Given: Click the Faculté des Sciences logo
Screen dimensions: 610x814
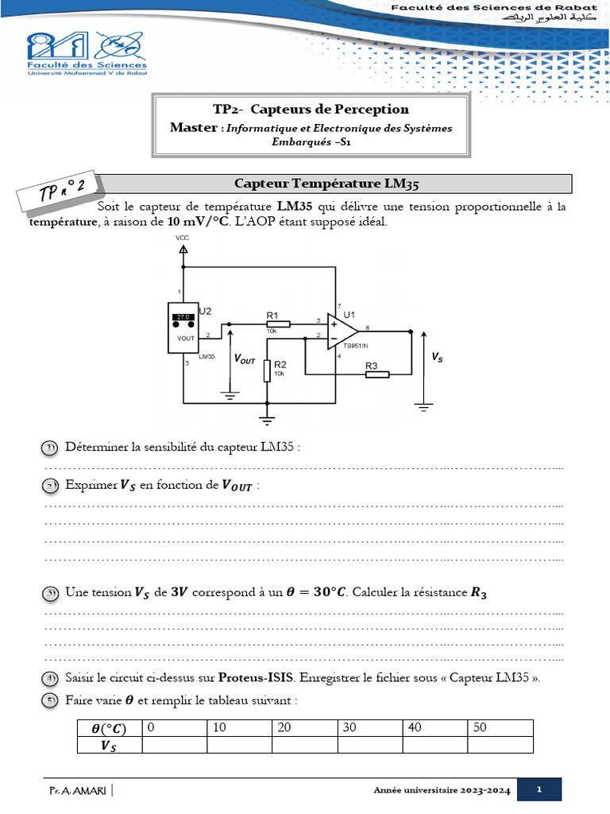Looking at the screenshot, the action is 87,53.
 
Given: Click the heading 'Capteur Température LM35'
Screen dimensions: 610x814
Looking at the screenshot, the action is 326,184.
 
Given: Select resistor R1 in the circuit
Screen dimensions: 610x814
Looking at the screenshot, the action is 277,324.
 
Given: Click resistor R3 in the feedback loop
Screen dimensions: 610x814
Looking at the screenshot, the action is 376,374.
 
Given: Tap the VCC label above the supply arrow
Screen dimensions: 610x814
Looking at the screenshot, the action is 182,237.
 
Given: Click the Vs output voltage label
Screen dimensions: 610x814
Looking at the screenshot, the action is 438,359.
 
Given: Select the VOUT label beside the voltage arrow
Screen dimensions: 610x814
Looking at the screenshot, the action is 245,359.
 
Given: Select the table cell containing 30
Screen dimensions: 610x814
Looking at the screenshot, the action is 370,728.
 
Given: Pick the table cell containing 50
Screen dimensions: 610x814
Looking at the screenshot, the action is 500,728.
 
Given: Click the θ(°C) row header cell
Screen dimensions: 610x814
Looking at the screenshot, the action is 109,728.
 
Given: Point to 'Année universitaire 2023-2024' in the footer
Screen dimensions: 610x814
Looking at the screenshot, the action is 441,790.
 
